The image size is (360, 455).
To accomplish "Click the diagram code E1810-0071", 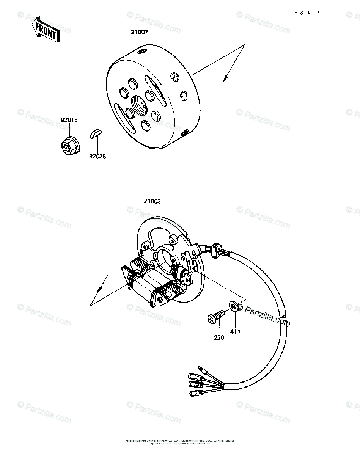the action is click(x=308, y=13).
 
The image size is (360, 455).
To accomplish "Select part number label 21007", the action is click(x=140, y=33).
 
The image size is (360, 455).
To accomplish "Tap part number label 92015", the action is click(x=69, y=120).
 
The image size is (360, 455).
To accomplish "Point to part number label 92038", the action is click(x=97, y=155).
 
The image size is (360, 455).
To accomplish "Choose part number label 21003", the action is click(x=152, y=201).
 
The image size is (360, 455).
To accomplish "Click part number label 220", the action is click(x=219, y=337).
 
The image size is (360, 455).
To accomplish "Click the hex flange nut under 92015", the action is click(x=68, y=145).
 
